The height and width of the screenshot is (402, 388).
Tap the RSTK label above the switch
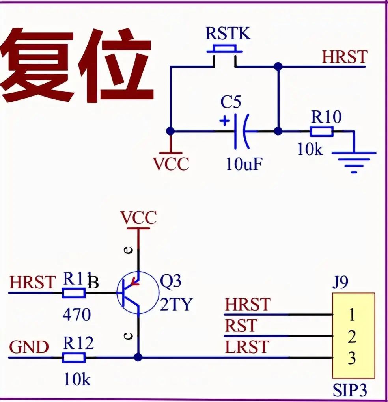point(228,34)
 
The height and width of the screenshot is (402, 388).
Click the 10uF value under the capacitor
point(244,164)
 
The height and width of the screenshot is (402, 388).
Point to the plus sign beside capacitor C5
point(224,121)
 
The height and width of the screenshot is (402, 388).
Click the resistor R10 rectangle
point(321,132)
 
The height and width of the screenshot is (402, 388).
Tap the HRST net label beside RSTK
point(344,57)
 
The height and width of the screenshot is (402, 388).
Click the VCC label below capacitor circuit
point(171,164)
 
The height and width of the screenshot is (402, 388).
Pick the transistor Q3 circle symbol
point(135,293)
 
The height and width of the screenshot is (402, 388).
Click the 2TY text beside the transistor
point(176,305)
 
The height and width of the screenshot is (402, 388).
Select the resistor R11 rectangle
point(74,293)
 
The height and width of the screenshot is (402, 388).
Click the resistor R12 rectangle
point(74,357)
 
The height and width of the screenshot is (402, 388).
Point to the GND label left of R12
point(29,348)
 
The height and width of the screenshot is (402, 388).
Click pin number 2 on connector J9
point(352,337)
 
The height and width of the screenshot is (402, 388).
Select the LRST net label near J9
point(247,347)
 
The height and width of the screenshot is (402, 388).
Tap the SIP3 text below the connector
point(350,390)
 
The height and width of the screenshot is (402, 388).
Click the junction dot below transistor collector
point(138,357)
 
